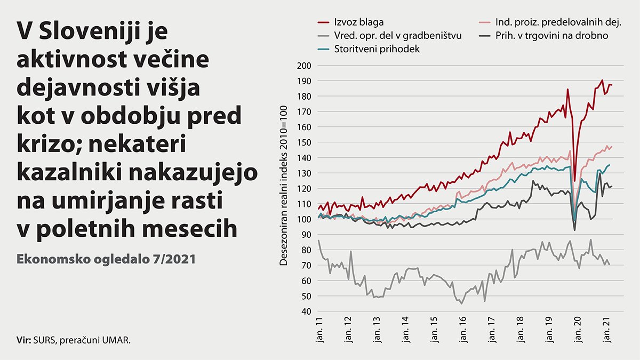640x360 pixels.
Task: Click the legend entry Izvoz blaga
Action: [358, 22]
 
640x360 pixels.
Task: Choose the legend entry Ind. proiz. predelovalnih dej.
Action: [555, 22]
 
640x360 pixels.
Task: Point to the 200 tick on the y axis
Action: [304, 66]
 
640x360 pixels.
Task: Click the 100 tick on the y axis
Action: [304, 219]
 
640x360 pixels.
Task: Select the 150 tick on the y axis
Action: [304, 142]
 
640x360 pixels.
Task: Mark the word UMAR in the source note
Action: [116, 339]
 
